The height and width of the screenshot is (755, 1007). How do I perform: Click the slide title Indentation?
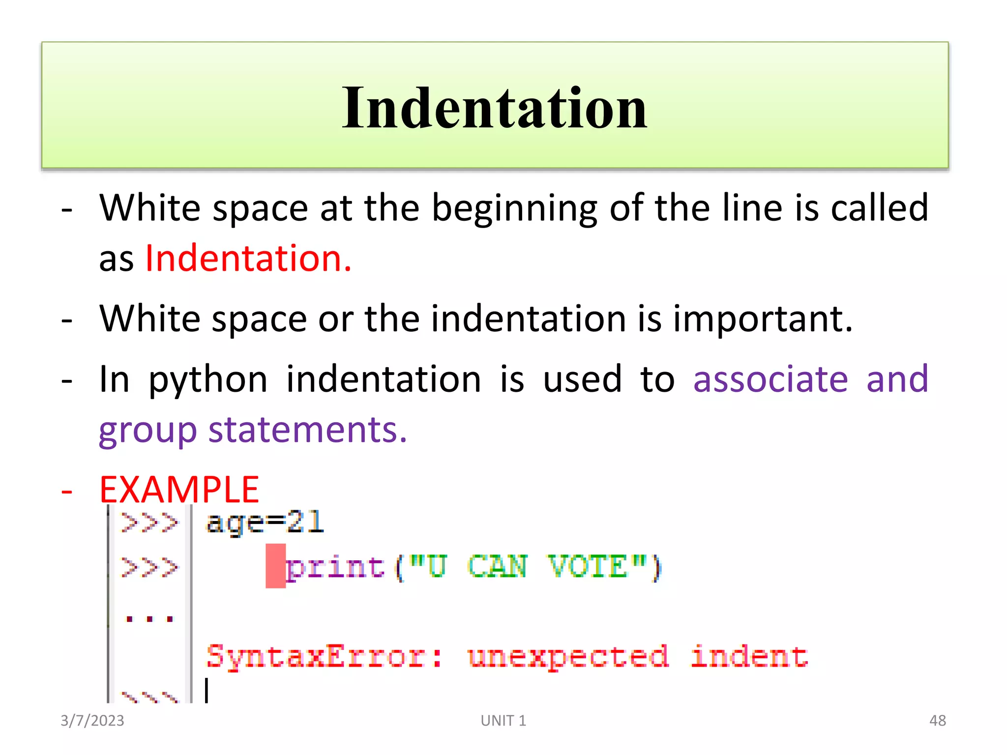tap(494, 108)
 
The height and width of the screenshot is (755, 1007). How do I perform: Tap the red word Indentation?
tap(248, 259)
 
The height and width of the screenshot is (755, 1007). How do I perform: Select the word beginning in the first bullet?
tap(514, 208)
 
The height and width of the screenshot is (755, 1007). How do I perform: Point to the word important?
tap(762, 319)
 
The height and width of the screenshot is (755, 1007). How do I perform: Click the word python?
tap(208, 380)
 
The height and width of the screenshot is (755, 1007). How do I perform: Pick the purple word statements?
tap(307, 430)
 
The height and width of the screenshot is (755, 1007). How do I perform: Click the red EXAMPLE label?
tap(179, 490)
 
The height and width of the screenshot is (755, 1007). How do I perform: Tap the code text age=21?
tap(265, 522)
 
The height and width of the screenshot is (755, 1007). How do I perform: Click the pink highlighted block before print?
tap(275, 566)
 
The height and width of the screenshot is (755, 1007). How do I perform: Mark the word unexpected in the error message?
tap(568, 656)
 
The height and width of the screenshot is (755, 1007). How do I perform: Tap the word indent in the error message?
tap(749, 656)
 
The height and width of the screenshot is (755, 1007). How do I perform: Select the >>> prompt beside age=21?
tap(149, 522)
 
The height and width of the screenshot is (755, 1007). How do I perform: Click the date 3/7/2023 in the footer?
tap(92, 721)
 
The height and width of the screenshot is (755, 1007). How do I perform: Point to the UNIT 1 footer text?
tap(503, 721)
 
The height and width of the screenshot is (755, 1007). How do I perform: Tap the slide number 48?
tap(937, 721)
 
